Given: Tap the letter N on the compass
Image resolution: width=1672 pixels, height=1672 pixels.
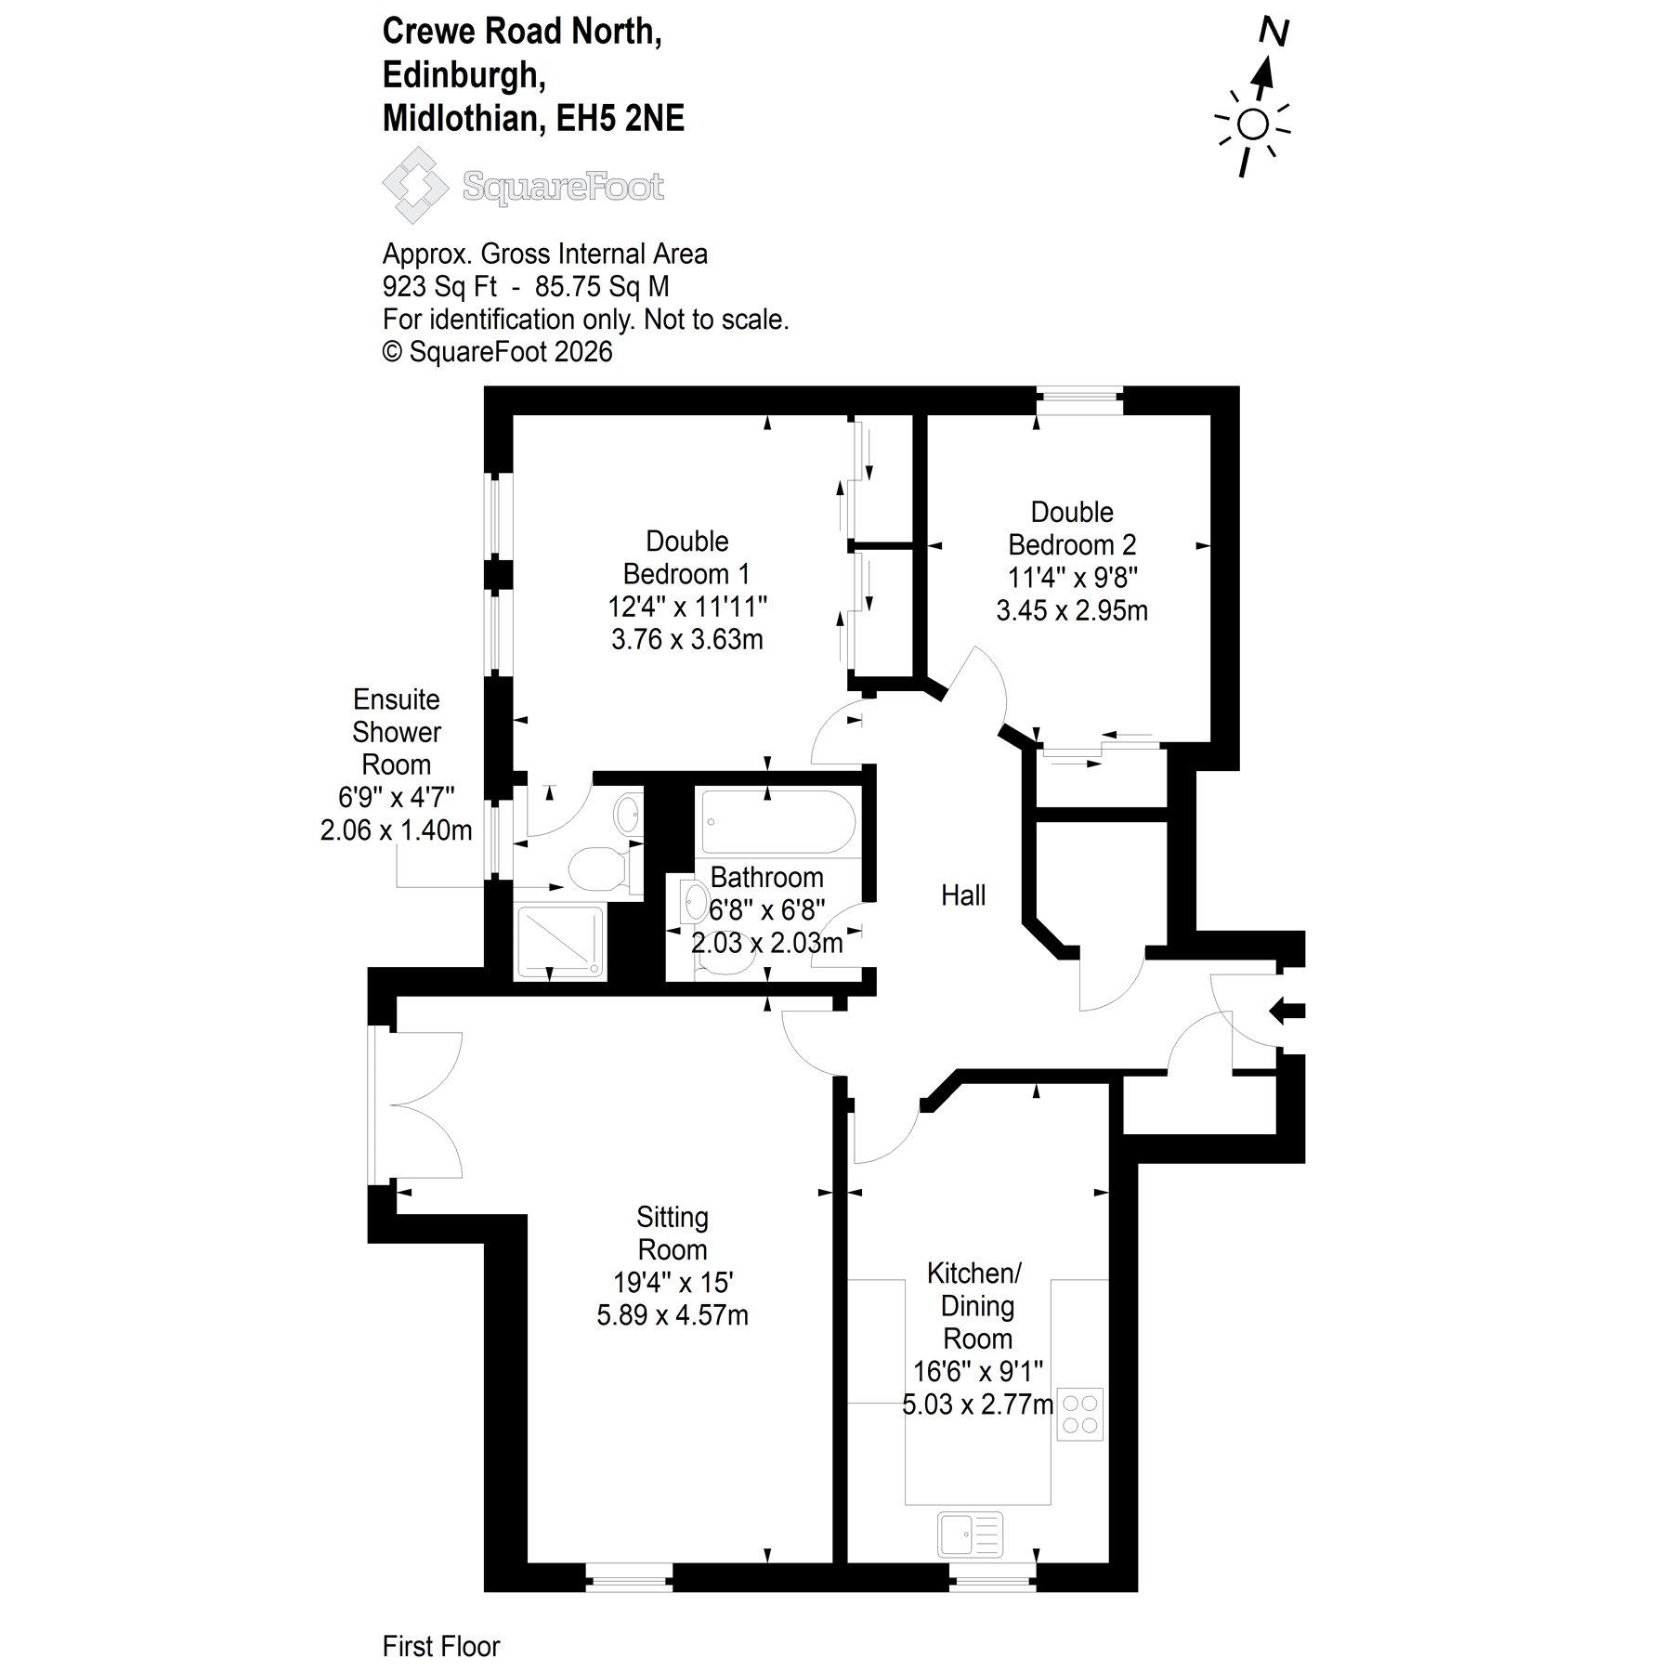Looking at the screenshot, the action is [1274, 33].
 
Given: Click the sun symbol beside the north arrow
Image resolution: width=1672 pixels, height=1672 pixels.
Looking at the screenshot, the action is [1252, 124].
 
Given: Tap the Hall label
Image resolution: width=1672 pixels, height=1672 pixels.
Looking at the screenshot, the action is [963, 895].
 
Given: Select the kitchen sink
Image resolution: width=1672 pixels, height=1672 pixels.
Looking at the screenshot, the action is [971, 1534].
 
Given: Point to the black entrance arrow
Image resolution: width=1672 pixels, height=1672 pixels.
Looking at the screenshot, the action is [1287, 1010].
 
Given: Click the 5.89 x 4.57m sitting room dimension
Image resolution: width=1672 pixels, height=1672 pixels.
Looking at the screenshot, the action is [673, 1315].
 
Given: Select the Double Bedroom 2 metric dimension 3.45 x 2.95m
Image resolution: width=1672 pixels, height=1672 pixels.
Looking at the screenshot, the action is [1072, 610].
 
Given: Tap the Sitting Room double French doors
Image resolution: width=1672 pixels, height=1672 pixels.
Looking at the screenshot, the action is [415, 1105].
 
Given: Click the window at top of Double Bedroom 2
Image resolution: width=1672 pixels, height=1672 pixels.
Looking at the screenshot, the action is [1079, 401].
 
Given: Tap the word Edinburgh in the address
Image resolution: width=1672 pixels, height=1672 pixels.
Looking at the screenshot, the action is [464, 74].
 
